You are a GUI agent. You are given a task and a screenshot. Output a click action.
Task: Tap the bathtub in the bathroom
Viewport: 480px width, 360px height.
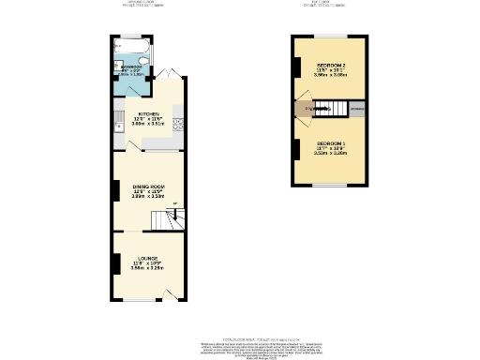[x=125, y=46]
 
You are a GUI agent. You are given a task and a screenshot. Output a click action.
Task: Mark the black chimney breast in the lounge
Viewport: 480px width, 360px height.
[x=114, y=262]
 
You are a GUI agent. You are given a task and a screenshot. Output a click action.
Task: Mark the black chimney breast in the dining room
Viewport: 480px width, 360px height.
[x=114, y=192]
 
